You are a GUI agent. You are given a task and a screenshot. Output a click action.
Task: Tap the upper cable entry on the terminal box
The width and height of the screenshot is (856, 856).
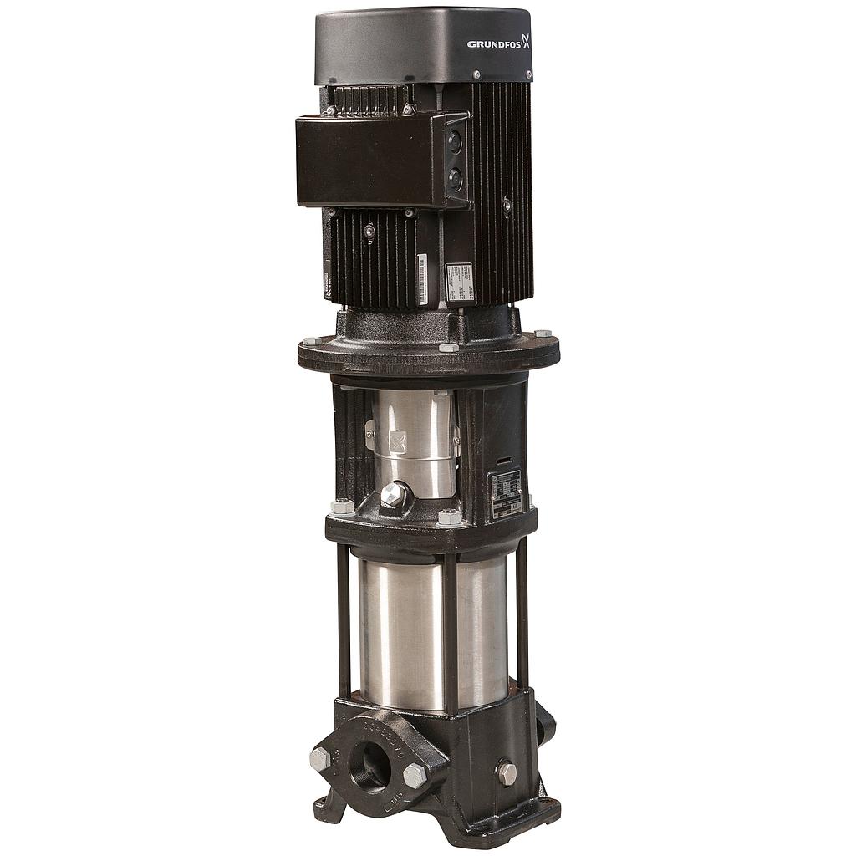click(455, 143)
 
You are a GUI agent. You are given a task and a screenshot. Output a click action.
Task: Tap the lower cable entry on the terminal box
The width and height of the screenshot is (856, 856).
click(455, 178)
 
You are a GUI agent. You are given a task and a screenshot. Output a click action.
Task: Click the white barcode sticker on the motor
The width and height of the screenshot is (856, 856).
click(422, 280)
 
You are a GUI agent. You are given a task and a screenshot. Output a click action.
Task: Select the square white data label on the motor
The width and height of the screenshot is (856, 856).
click(459, 283)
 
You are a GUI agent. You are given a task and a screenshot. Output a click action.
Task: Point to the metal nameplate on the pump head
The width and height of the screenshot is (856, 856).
click(505, 494)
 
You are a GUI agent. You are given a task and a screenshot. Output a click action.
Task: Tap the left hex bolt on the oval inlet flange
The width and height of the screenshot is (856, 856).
click(319, 759)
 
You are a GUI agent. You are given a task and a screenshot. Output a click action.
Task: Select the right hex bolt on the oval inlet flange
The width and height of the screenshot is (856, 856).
click(415, 776)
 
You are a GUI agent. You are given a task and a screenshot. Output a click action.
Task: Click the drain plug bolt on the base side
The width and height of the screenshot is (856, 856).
click(506, 772)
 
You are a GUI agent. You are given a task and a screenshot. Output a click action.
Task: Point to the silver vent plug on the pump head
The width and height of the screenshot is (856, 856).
click(393, 495)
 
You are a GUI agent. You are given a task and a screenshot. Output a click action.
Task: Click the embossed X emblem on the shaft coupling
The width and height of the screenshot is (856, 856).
click(397, 441)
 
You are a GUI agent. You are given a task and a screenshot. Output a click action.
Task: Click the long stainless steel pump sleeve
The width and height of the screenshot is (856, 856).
click(432, 631)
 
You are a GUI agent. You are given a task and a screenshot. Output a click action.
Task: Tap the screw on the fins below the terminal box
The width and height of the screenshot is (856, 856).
click(369, 230)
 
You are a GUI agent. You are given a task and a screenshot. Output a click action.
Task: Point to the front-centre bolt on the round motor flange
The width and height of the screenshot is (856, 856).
click(449, 347)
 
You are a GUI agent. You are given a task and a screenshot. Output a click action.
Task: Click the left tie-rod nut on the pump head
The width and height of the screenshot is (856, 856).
click(342, 507)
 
